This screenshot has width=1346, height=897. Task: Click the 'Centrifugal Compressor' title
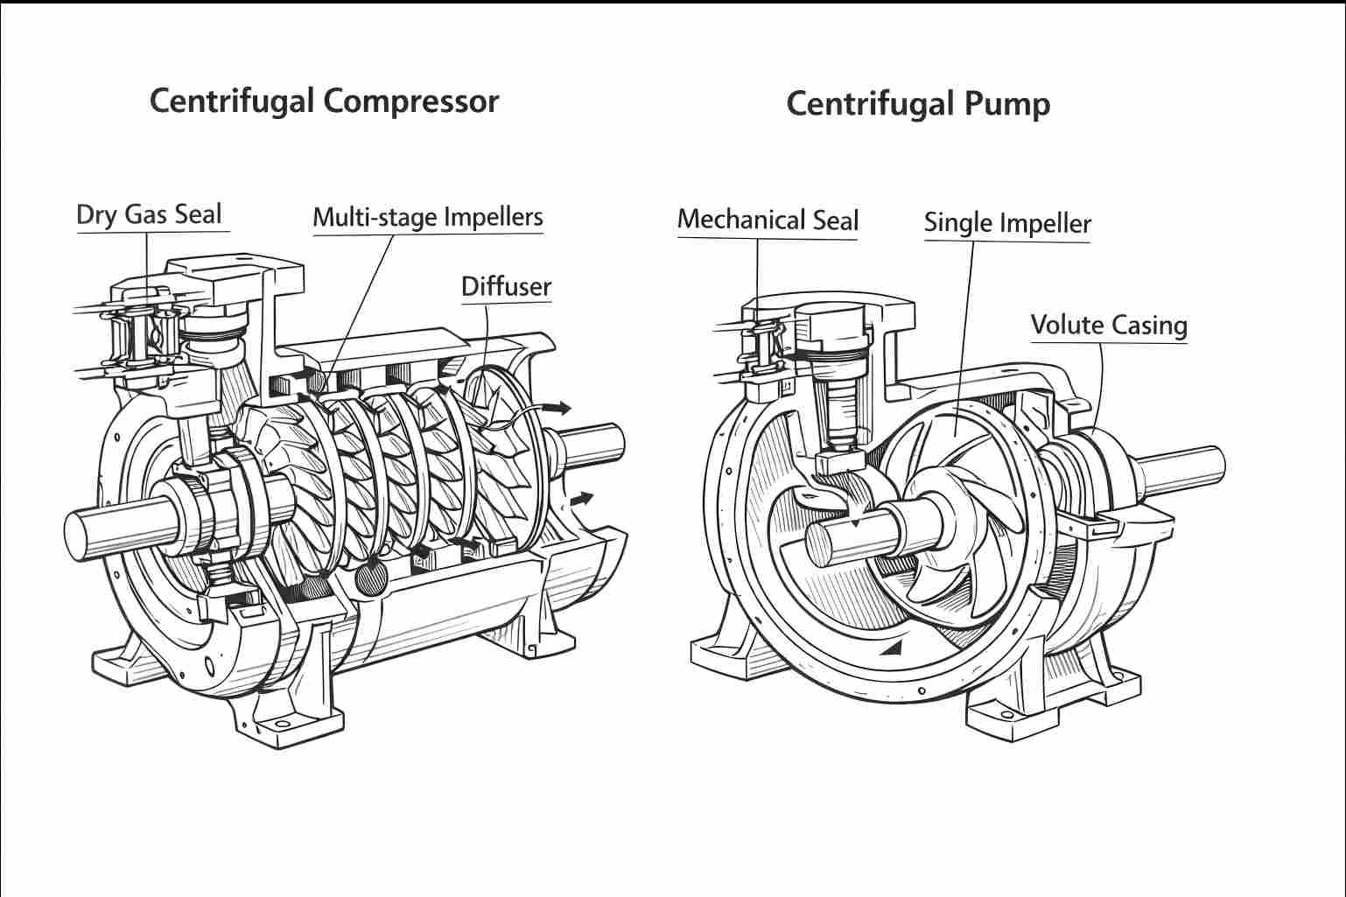click(324, 101)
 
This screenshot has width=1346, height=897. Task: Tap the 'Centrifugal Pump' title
click(917, 104)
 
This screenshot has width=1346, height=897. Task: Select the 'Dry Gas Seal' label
click(149, 214)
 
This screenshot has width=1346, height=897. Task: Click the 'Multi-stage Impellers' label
click(428, 217)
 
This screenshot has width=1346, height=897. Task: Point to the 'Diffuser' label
click(506, 286)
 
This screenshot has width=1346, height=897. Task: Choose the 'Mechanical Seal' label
click(768, 220)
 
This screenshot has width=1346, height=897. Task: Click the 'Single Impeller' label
click(1007, 223)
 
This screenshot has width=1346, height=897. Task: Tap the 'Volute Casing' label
click(1109, 325)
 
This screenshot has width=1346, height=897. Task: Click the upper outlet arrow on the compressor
click(557, 407)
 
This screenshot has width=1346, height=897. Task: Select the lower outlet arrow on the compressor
click(581, 499)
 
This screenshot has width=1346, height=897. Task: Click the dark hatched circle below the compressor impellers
click(373, 578)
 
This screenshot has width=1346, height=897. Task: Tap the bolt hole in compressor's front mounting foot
click(282, 725)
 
